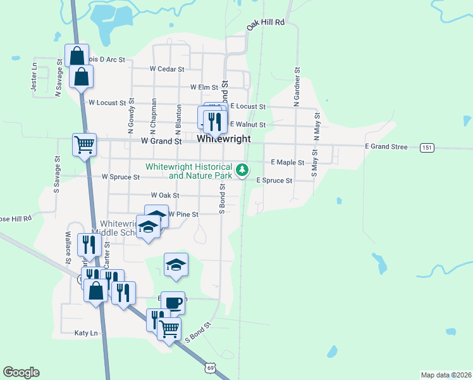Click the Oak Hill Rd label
(x=267, y=23)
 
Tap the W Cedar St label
(x=166, y=69)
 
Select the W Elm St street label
(x=204, y=87)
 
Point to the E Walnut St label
(x=247, y=125)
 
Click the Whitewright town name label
(x=224, y=139)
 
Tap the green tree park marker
(x=242, y=170)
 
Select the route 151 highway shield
(x=428, y=148)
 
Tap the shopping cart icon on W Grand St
(x=84, y=144)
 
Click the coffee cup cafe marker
(x=173, y=303)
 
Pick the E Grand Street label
(x=386, y=147)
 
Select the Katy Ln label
(x=87, y=332)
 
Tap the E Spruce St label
(x=274, y=180)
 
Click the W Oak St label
(x=165, y=196)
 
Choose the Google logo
(x=21, y=372)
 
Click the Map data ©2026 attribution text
(x=446, y=375)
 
